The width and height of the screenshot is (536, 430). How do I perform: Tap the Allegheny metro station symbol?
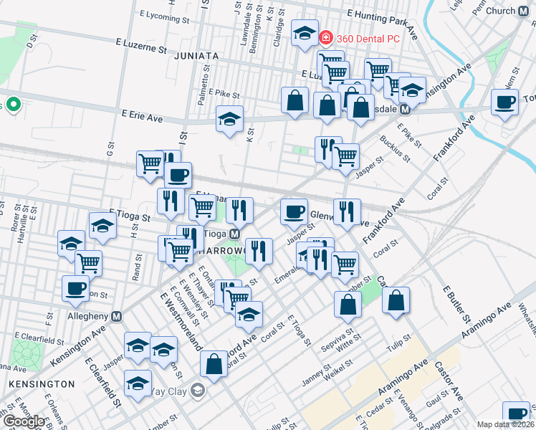tap(117, 316)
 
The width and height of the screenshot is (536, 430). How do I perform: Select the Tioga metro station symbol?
tap(234, 234)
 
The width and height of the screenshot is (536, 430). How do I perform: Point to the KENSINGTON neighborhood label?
tap(42, 384)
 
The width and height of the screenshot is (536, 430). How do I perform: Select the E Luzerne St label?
tap(143, 47)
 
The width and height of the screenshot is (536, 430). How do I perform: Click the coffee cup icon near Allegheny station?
tap(75, 288)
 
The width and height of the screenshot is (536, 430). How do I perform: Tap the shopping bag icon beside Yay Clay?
tap(214, 363)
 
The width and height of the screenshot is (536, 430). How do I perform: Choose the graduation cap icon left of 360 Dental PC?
tap(305, 32)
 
